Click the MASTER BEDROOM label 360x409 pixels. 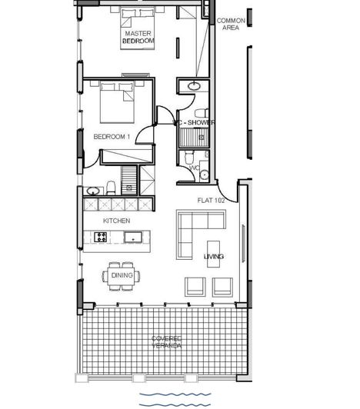(138, 36)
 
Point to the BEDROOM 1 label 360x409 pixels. (112, 136)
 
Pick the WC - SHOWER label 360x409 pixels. (194, 122)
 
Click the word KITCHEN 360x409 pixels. (117, 221)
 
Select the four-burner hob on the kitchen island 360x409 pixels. (101, 238)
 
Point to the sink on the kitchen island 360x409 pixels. (135, 238)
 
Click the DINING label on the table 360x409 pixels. (122, 275)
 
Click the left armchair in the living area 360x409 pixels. (195, 286)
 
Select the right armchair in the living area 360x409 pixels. (222, 286)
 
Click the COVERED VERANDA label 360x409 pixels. (167, 342)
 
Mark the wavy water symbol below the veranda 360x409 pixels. (174, 398)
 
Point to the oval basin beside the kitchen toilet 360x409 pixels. (93, 190)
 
